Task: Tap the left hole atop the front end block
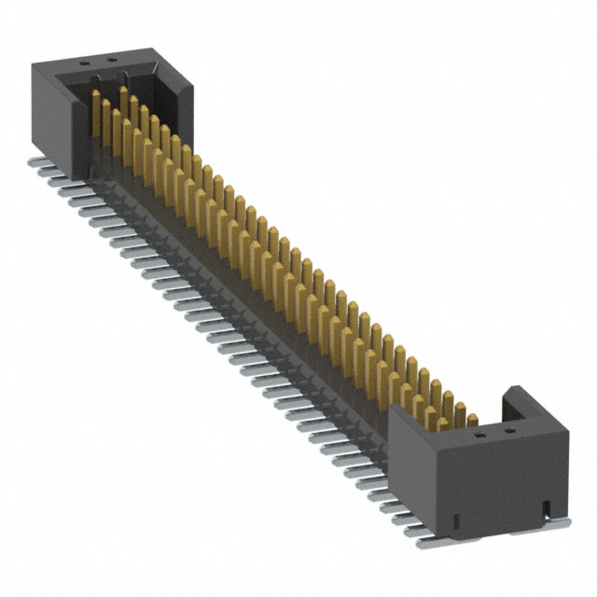click(x=479, y=432)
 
